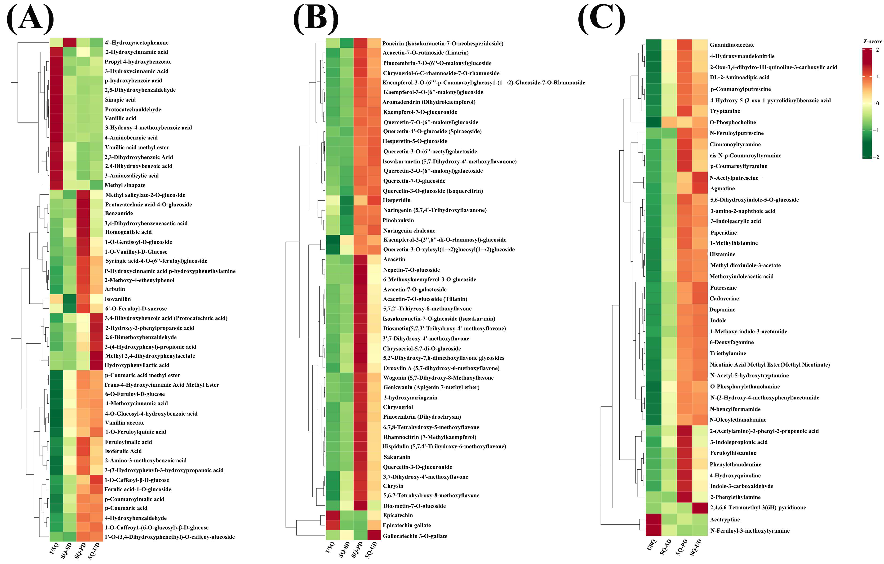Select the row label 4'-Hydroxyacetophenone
coord(137,43)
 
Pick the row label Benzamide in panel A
coord(119,213)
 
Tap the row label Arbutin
coord(115,289)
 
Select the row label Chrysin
coord(393,486)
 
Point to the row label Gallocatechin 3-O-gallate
coord(415,536)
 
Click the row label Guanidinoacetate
coord(732,45)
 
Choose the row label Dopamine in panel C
coord(723,309)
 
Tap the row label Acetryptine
coord(725,519)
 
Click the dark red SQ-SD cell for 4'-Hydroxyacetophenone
coord(70,43)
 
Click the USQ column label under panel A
coord(54,549)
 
